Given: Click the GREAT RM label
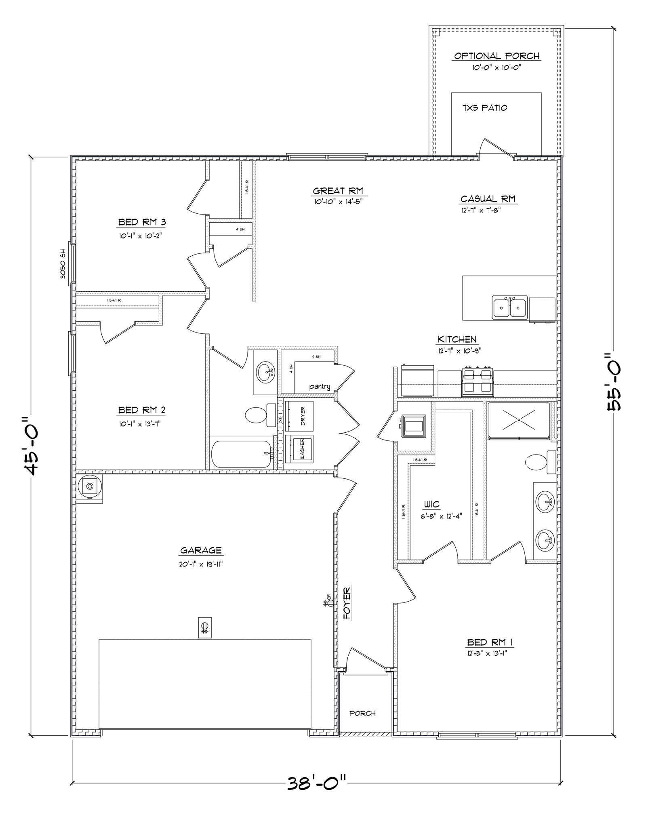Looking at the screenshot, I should (x=338, y=191).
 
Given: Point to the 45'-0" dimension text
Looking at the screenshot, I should (x=31, y=445).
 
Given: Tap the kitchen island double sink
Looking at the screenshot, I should (x=509, y=307).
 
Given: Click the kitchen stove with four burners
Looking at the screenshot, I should (x=478, y=380).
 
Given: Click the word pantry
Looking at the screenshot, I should (x=320, y=387).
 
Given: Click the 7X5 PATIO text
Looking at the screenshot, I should (x=484, y=108).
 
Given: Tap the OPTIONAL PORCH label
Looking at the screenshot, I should (x=497, y=56).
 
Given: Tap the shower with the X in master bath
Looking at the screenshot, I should (x=518, y=420).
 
